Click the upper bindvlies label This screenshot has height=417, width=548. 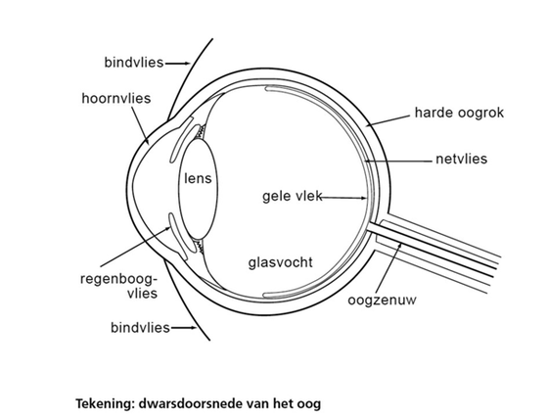[134, 63]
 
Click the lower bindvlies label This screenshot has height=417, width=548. [140, 328]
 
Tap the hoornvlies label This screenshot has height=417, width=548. [116, 99]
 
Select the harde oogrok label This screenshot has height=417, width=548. [459, 113]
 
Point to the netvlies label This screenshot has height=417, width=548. [461, 159]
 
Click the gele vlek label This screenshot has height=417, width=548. [293, 196]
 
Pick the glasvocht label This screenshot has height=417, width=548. [280, 262]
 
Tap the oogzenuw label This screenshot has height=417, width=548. [382, 301]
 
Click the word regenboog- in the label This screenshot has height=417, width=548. [118, 280]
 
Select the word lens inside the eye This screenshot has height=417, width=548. [198, 178]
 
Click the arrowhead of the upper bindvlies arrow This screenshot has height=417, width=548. [187, 64]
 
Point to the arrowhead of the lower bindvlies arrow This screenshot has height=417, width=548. [194, 328]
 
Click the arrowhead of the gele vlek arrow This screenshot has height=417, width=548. [363, 198]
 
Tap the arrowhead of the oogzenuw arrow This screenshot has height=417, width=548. [400, 246]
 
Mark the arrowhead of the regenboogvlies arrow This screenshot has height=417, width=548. [168, 229]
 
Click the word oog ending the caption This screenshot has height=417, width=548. [308, 405]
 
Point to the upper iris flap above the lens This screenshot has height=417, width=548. [181, 140]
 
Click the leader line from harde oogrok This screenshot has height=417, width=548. [388, 120]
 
